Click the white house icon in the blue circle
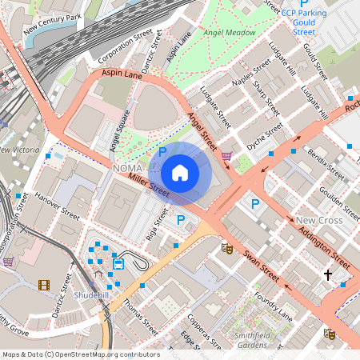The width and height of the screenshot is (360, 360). (180, 173)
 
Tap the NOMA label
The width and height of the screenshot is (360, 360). (128, 169)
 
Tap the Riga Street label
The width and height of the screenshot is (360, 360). (158, 228)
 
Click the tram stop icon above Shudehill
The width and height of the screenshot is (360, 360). (118, 263)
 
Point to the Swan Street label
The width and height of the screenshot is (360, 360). (261, 268)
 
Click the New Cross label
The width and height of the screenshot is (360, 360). (318, 220)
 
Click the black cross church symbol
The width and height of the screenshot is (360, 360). (327, 275)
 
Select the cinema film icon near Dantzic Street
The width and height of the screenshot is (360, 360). (43, 285)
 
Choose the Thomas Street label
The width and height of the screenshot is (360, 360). (141, 316)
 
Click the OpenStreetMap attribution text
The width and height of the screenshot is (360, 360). (80, 354)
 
